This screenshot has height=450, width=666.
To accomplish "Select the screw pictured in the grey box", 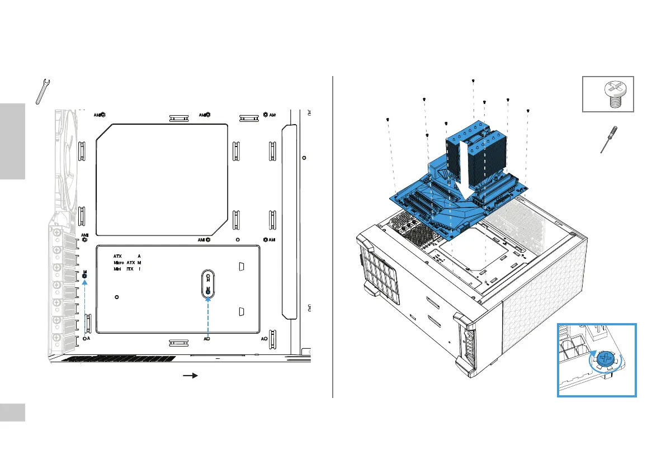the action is (x=611, y=93).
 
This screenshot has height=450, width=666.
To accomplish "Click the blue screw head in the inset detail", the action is (x=604, y=359).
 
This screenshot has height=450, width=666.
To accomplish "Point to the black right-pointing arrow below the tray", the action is (x=191, y=376).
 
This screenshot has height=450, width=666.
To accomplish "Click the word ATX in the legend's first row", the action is (x=117, y=255).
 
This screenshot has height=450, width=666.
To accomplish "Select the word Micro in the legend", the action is (x=119, y=262).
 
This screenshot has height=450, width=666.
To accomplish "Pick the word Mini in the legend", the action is (x=117, y=269).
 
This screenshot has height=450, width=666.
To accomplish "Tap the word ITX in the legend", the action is (x=129, y=269).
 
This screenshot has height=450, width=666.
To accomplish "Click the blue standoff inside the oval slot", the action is (x=208, y=290).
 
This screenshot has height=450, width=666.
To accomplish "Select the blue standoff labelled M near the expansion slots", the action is (x=84, y=275).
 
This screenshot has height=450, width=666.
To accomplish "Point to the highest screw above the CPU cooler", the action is (x=473, y=81).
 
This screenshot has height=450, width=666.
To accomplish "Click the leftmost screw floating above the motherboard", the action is (x=388, y=120).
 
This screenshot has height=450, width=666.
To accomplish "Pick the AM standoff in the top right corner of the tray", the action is (x=264, y=115).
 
